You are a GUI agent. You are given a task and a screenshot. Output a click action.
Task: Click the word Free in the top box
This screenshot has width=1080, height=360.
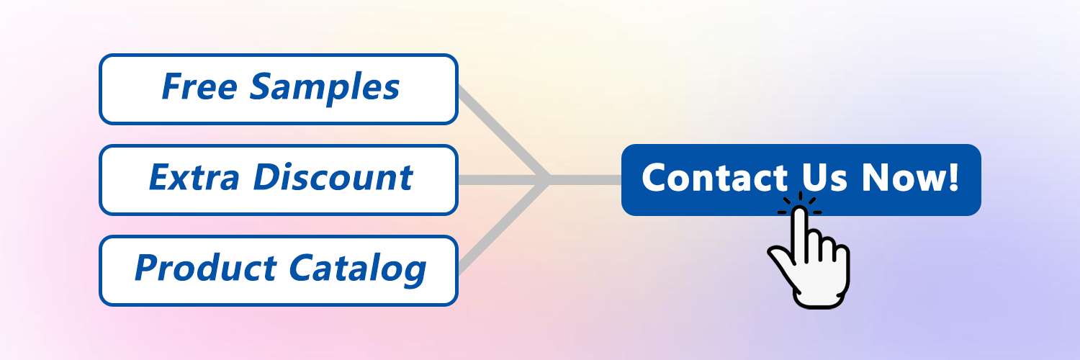[x=199, y=86]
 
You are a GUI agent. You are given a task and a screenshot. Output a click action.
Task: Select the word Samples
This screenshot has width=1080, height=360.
[x=325, y=89]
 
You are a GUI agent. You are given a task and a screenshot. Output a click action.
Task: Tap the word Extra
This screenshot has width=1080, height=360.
[x=194, y=177]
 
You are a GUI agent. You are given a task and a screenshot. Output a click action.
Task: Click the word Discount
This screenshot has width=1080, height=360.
[x=333, y=177]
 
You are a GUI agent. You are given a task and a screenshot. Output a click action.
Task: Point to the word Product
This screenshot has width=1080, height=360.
[x=205, y=268]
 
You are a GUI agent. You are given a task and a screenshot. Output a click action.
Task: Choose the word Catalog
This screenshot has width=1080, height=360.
[x=357, y=270]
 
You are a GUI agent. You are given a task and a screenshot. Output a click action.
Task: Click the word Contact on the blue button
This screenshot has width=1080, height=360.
[x=714, y=178]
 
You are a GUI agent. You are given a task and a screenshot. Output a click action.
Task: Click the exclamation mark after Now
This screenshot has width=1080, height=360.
[x=953, y=177]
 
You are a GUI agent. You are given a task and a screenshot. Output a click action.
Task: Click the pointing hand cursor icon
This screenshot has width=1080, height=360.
[x=809, y=256]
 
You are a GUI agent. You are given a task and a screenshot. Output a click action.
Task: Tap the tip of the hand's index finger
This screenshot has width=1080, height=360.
[x=799, y=208]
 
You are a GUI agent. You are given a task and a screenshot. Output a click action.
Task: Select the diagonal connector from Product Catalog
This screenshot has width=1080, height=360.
[x=503, y=227]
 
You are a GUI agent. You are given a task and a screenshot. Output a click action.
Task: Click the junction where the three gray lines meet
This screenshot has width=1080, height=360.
[x=548, y=180]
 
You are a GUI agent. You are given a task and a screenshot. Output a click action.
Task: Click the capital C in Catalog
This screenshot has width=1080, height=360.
[x=303, y=268]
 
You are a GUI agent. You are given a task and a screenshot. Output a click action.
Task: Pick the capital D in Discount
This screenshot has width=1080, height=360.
[x=269, y=177]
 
